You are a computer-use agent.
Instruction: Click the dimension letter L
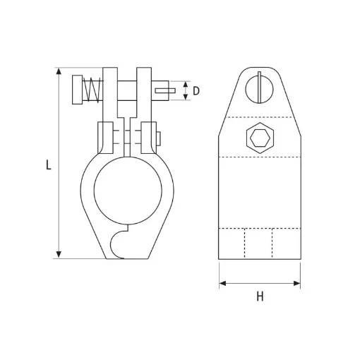click(x=47, y=165)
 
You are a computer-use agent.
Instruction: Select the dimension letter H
click(x=260, y=297)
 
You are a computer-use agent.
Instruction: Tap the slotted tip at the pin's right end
click(x=164, y=90)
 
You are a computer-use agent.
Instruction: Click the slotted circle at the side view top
click(x=259, y=88)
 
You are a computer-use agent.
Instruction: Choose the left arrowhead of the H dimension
click(x=223, y=284)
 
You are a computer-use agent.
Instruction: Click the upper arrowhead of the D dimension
click(x=185, y=85)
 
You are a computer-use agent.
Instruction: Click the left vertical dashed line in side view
click(x=246, y=244)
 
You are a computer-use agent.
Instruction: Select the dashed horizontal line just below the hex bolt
click(x=260, y=157)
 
